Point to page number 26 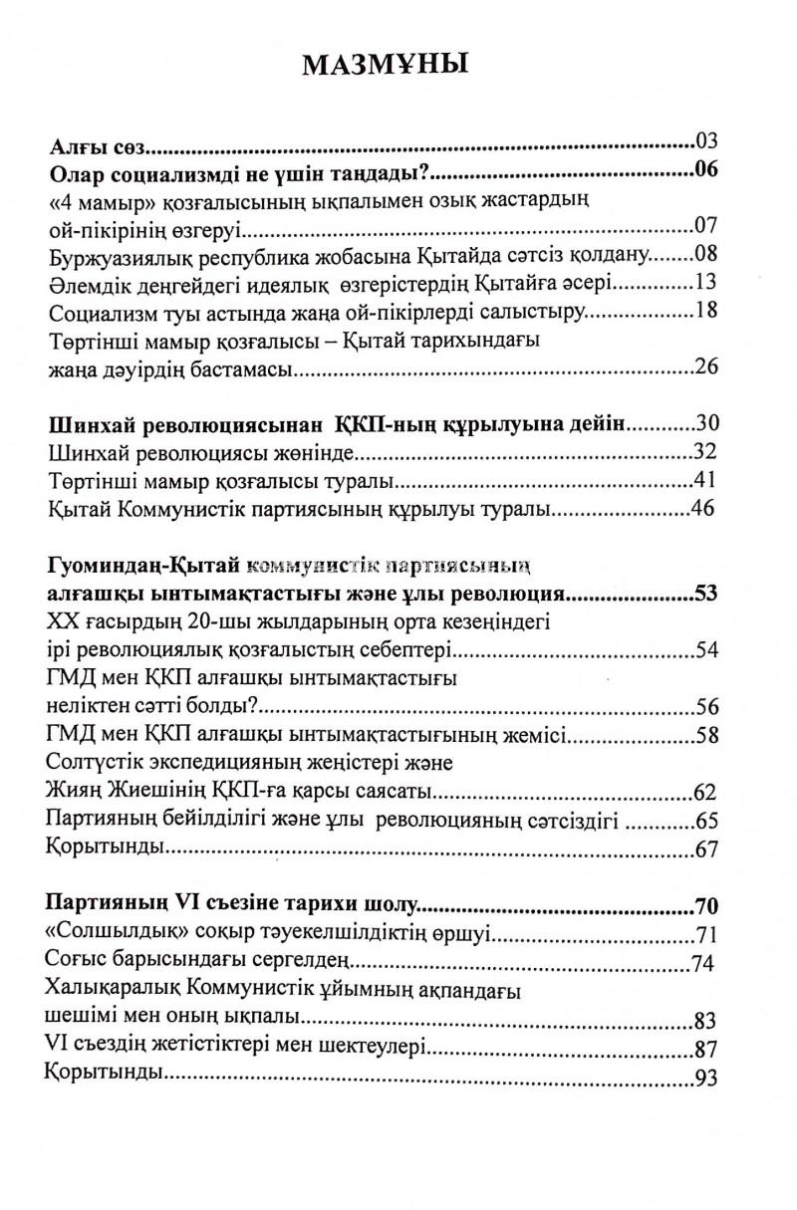[705, 369]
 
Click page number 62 [704, 794]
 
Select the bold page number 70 [705, 907]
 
